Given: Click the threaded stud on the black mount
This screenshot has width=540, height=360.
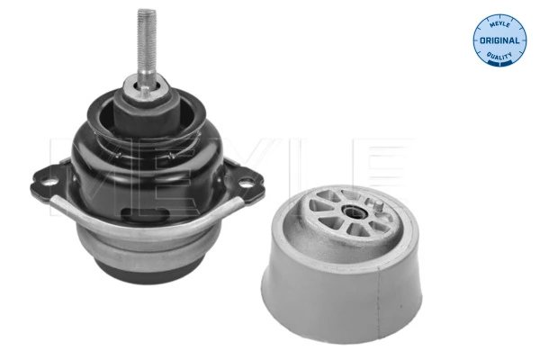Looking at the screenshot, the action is coord(147,49).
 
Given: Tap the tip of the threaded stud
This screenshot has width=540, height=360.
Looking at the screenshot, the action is coord(147,10).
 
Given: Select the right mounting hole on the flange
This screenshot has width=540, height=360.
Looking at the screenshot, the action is coord(246,184).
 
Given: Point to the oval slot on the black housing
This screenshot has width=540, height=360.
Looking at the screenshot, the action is coord(144,213).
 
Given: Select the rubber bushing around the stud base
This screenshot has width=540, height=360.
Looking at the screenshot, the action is coord(145,110).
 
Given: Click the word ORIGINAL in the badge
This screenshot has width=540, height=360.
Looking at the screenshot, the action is coord(499,40).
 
